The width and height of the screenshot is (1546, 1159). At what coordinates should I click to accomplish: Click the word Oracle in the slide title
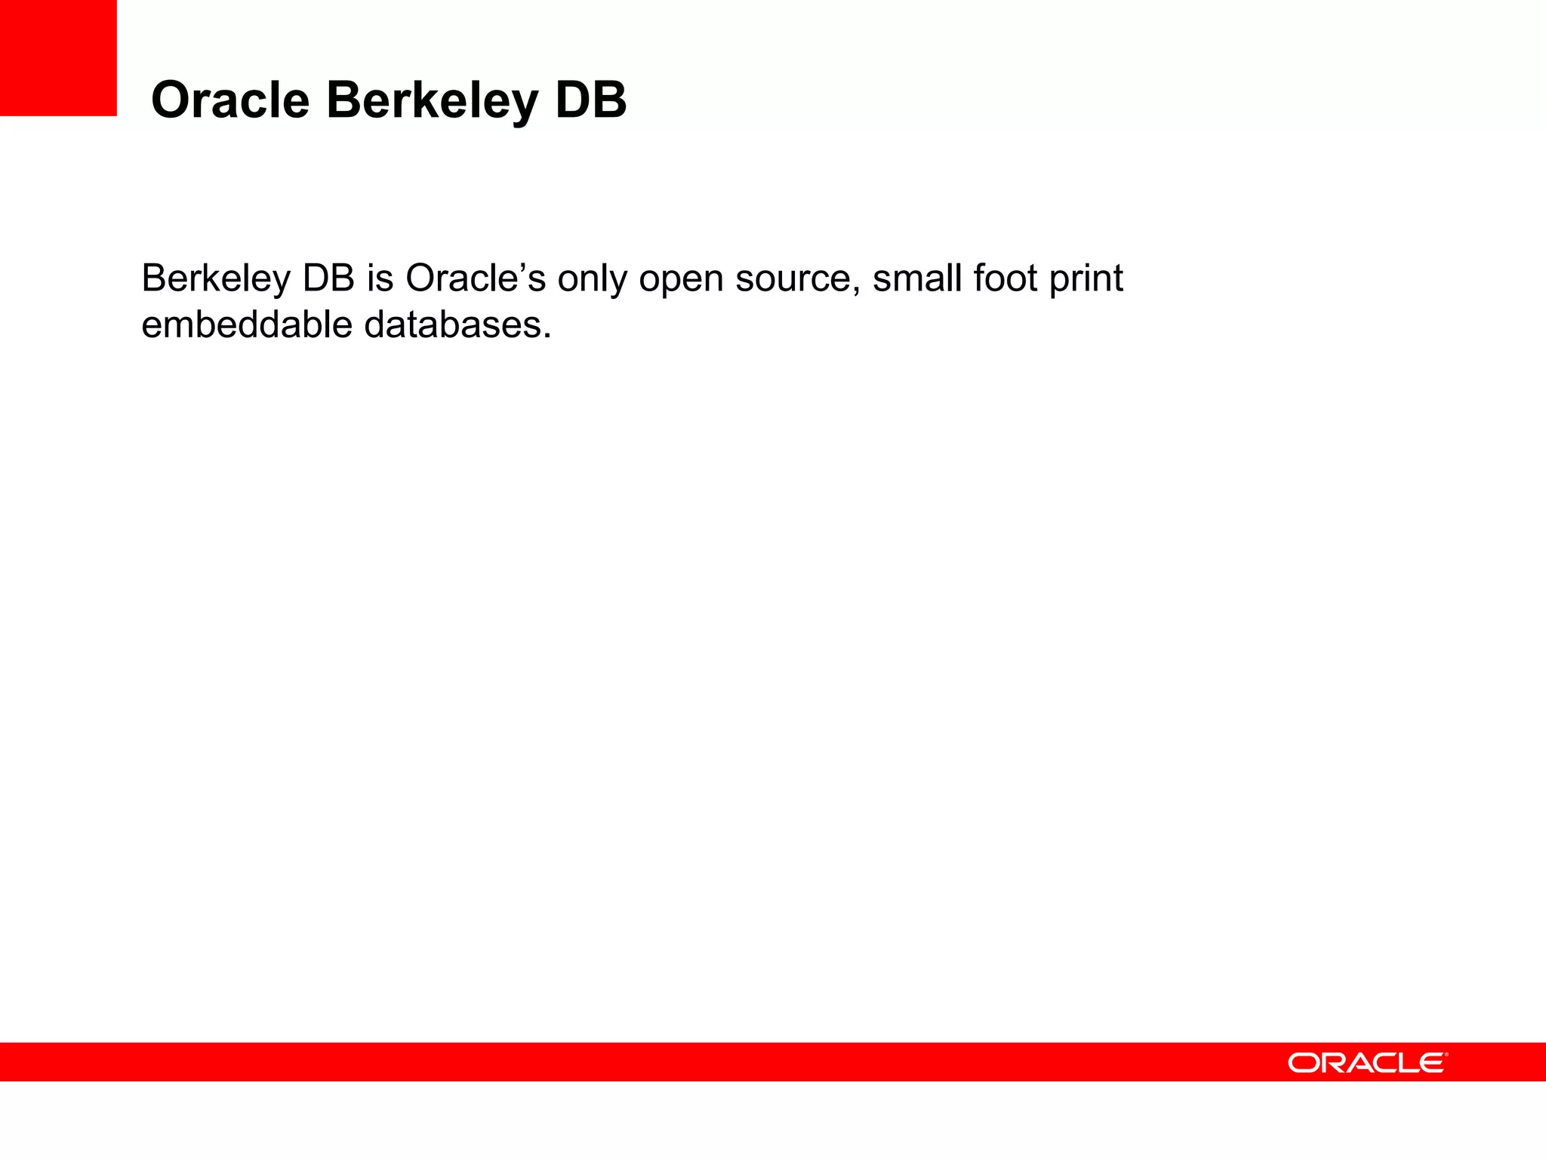point(230,100)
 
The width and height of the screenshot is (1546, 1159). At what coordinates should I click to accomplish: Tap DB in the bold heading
point(590,100)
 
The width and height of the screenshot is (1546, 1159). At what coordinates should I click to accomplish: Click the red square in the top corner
point(58,57)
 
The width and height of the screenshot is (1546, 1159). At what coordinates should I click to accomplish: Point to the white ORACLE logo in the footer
point(1367,1062)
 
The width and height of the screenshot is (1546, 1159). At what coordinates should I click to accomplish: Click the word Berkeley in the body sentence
point(215,279)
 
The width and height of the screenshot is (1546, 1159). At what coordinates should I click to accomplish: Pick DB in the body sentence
point(328,278)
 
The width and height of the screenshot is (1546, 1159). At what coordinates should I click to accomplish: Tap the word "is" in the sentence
point(380,278)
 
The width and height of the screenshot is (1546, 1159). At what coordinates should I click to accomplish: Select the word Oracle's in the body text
point(475,278)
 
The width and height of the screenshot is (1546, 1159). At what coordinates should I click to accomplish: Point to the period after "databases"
point(547,337)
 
